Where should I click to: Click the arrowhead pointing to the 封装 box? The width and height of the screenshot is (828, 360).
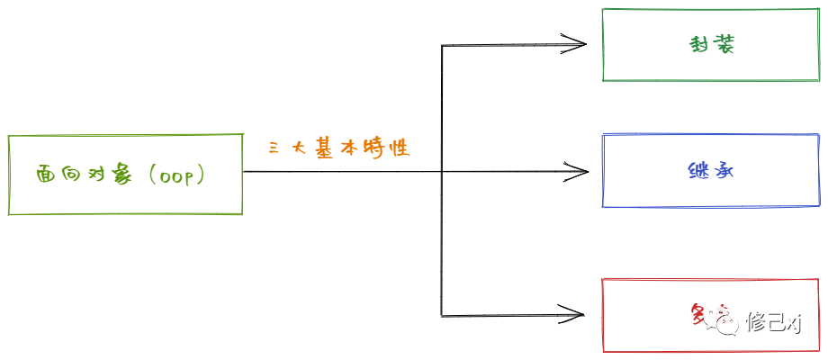pyautogui.click(x=574, y=42)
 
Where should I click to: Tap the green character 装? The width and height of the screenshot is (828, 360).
pyautogui.click(x=724, y=45)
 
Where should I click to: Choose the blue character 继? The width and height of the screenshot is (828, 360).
pyautogui.click(x=697, y=171)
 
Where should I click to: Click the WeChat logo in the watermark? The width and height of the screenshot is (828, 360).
pyautogui.click(x=724, y=319)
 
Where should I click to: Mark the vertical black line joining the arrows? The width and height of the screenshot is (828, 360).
pyautogui.click(x=441, y=180)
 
